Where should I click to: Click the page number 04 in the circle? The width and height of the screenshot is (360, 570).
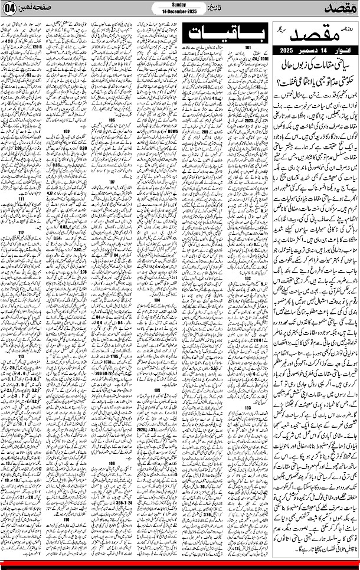[x=11, y=11]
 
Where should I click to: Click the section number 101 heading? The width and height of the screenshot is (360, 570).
[x=248, y=48]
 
